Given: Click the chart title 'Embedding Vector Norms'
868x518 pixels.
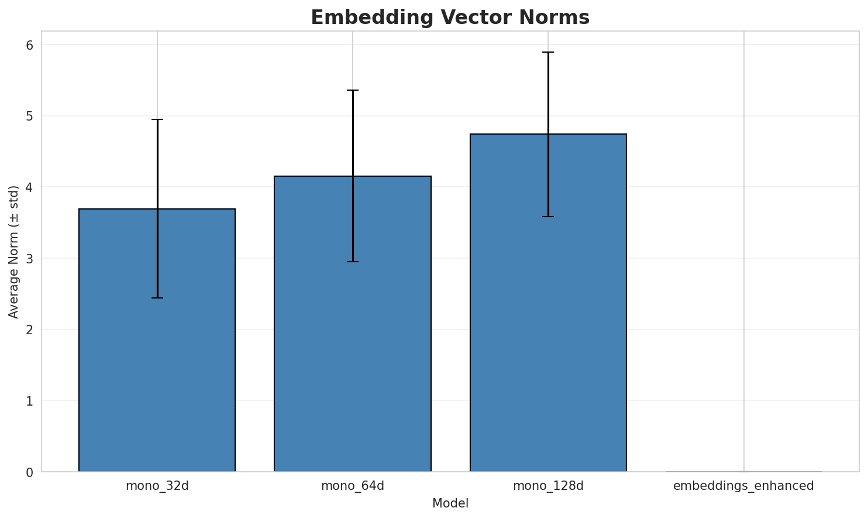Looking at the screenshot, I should tap(450, 18).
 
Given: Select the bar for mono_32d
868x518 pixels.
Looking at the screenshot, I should tap(157, 339).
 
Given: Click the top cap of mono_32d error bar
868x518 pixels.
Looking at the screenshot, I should tap(157, 119).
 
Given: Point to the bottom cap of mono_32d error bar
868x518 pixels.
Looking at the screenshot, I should tap(157, 298).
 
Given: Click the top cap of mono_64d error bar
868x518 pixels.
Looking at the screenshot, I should tap(353, 90).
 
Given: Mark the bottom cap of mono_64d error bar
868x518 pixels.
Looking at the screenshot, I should tap(353, 262).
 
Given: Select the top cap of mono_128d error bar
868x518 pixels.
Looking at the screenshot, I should tap(548, 52).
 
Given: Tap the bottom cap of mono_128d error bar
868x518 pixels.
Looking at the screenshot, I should tap(548, 217).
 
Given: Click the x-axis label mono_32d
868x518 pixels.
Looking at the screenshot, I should tap(157, 486).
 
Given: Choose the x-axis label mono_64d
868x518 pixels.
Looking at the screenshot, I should tap(353, 486).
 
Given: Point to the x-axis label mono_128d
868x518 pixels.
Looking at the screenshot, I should tap(548, 486).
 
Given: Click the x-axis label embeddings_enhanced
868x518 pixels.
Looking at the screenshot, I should tap(743, 486).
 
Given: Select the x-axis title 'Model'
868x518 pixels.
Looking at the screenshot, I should tap(450, 503).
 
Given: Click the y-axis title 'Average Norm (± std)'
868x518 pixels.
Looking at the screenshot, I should tap(14, 252).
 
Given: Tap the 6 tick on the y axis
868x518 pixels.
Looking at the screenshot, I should tap(29, 45).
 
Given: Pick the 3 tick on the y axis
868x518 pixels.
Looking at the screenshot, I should tap(29, 259).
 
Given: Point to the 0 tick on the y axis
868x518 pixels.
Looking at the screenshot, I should tap(29, 472).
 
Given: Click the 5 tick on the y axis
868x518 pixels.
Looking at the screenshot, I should tap(29, 116).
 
